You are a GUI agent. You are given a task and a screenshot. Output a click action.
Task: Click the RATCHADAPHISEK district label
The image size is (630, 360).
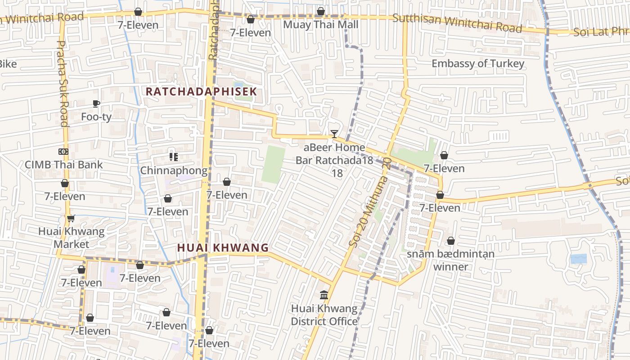click(201, 92)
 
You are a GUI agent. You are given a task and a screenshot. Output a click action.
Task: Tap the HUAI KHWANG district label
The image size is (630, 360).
click(223, 247)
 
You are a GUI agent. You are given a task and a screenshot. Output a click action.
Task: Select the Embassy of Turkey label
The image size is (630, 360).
click(478, 63)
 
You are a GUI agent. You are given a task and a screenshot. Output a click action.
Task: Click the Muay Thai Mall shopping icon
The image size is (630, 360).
click(320, 11)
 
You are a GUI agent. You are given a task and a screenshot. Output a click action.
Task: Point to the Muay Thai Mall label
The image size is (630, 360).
click(320, 25)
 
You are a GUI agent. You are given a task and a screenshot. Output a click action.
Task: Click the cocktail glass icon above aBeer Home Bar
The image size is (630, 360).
click(334, 134)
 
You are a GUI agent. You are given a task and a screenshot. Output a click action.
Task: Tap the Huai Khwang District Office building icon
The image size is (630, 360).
click(324, 295)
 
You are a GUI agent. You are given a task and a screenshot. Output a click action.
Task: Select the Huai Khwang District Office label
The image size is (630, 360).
click(324, 315)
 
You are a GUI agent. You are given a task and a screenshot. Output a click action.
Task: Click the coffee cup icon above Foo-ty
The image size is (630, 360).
click(96, 103)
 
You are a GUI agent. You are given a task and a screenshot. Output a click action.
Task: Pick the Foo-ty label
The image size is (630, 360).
click(96, 117)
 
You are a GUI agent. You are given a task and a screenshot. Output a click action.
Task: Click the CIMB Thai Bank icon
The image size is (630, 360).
click(63, 152)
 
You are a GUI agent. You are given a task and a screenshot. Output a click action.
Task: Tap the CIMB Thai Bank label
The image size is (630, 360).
click(63, 165)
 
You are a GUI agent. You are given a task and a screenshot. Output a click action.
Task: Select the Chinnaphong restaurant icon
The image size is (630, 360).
click(174, 157)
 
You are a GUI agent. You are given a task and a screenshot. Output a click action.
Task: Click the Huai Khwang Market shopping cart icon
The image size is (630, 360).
click(71, 219)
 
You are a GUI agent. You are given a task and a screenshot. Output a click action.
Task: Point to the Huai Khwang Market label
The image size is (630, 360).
click(71, 238)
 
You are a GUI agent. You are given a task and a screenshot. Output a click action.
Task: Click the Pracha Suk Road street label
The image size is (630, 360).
click(63, 83)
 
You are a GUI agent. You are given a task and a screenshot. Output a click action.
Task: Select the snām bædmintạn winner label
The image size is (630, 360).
click(450, 260)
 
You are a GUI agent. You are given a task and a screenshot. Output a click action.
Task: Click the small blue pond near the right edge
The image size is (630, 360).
click(578, 259)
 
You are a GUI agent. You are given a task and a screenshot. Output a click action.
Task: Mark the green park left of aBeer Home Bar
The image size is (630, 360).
click(274, 165)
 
